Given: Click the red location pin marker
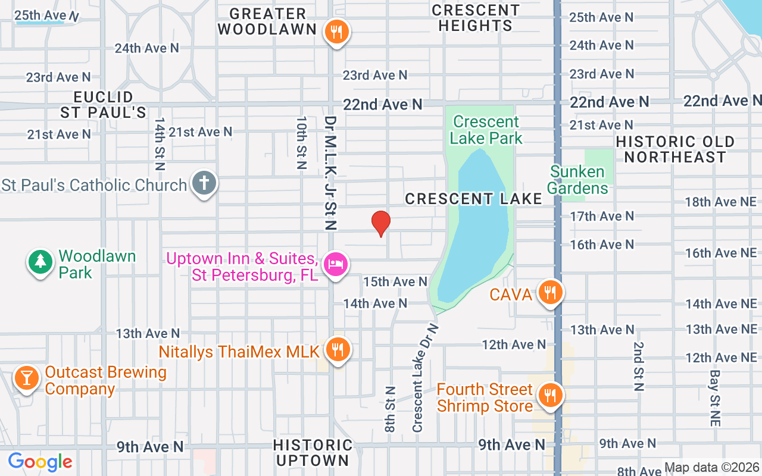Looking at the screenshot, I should (x=380, y=224).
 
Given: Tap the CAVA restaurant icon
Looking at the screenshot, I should (x=551, y=292).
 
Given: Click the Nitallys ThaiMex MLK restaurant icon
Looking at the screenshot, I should (x=338, y=349).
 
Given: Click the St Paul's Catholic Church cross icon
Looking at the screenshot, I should (x=204, y=183).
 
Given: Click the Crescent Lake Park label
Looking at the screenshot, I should (x=486, y=130).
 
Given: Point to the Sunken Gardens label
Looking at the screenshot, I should (x=577, y=180).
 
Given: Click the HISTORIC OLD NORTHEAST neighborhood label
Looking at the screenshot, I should (x=675, y=149).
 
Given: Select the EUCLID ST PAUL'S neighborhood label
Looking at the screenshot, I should (x=103, y=104).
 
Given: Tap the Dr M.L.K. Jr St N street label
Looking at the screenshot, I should (x=331, y=173).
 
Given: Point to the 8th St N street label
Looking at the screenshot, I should (x=390, y=409).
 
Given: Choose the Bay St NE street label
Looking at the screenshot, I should (x=715, y=397).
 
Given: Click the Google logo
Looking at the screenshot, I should (x=40, y=461).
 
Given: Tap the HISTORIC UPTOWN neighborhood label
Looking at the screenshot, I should (x=313, y=453).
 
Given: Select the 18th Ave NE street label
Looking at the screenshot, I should (x=720, y=202).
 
